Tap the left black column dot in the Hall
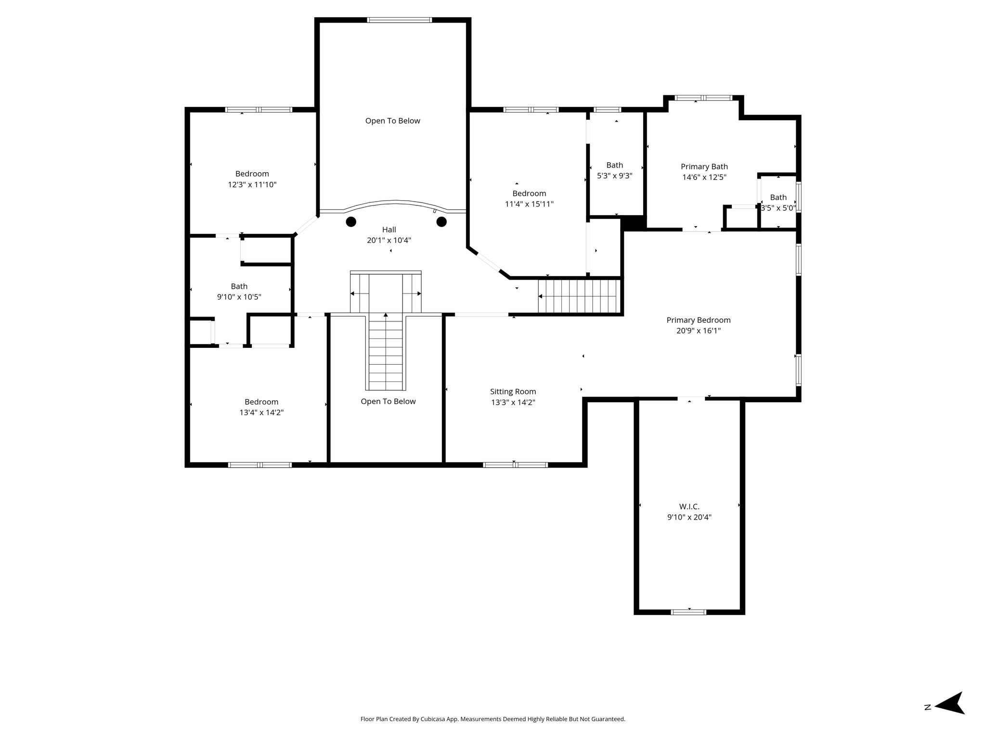(351, 222)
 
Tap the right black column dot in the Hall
(441, 222)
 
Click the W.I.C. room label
(689, 507)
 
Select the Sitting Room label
(513, 392)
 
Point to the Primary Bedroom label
(699, 320)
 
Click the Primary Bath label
(704, 166)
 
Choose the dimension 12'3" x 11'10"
(252, 184)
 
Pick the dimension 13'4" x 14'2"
(261, 412)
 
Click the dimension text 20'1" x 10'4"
(389, 240)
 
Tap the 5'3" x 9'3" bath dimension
(615, 176)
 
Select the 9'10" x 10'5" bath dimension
(239, 297)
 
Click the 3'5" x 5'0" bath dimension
(778, 208)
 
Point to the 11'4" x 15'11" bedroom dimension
(529, 204)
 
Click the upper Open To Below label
(393, 121)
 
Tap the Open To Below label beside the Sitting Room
(388, 401)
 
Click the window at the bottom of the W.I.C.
(689, 612)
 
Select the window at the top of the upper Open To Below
(400, 20)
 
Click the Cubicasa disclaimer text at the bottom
(493, 719)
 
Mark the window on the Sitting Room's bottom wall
(516, 465)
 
